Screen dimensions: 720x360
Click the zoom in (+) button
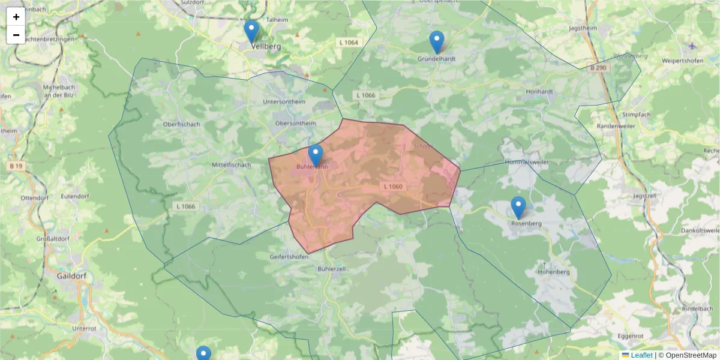coord(16,17)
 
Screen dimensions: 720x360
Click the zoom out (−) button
coord(16,35)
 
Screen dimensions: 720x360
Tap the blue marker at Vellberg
coord(251,32)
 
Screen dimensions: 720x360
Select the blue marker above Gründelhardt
coord(437,42)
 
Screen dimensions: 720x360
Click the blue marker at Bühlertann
coord(316,155)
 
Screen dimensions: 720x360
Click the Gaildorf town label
coord(72,277)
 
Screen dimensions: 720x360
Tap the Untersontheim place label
coord(284,102)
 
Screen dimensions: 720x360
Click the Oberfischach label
coord(181,124)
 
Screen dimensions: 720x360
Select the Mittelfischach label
coord(231,164)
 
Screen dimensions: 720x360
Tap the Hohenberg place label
coord(553,272)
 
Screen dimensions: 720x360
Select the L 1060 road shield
coord(393,187)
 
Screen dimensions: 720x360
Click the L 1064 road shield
coord(348,42)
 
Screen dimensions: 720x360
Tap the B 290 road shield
coord(598,68)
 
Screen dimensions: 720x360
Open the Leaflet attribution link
coord(641,355)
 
